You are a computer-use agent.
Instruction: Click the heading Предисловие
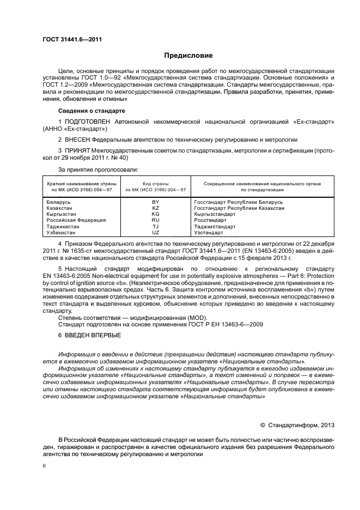[x=188, y=56]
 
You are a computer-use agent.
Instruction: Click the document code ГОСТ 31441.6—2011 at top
[x=72, y=39]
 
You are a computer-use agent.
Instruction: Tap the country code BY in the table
[x=155, y=202]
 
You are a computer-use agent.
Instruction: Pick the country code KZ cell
[x=155, y=208]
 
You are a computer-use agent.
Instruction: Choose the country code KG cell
[x=155, y=214]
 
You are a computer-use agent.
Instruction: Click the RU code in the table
[x=155, y=220]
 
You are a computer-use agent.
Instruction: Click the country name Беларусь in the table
[x=59, y=202]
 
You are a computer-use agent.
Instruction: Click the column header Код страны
[x=155, y=184]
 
